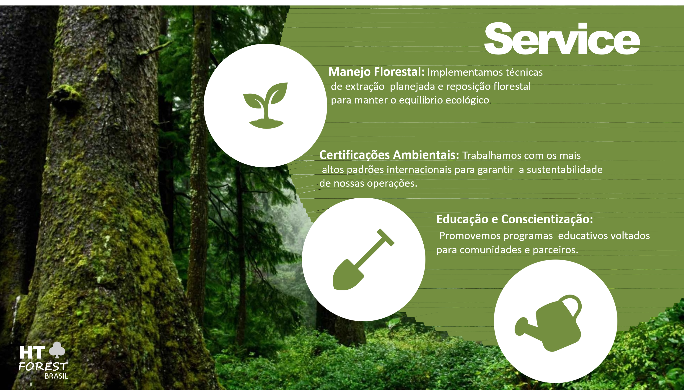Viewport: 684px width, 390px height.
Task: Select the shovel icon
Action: pyautogui.click(x=363, y=259)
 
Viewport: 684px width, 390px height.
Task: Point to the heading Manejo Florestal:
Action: pyautogui.click(x=376, y=72)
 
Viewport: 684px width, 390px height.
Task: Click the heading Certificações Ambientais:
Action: pyautogui.click(x=389, y=155)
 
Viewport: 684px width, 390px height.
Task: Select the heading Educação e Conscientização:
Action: pyautogui.click(x=515, y=219)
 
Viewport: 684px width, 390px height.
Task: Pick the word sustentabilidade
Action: pyautogui.click(x=565, y=170)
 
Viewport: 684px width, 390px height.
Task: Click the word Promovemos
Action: pyautogui.click(x=469, y=236)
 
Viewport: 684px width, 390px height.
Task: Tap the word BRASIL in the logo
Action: pyautogui.click(x=56, y=376)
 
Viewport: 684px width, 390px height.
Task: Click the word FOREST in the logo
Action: pyautogui.click(x=43, y=366)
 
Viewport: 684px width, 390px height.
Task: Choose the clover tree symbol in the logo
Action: pyautogui.click(x=57, y=350)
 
